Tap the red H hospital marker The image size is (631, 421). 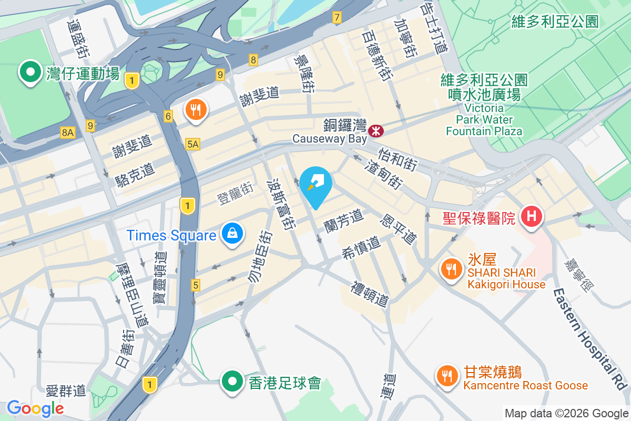(532, 216)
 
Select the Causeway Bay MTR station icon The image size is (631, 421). (376, 129)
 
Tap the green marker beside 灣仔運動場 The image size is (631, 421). (30, 71)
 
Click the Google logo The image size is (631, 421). (35, 408)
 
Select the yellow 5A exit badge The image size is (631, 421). (193, 144)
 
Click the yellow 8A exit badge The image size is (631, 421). (68, 133)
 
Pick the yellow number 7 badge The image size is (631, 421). (337, 18)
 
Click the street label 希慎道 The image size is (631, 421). (361, 246)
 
